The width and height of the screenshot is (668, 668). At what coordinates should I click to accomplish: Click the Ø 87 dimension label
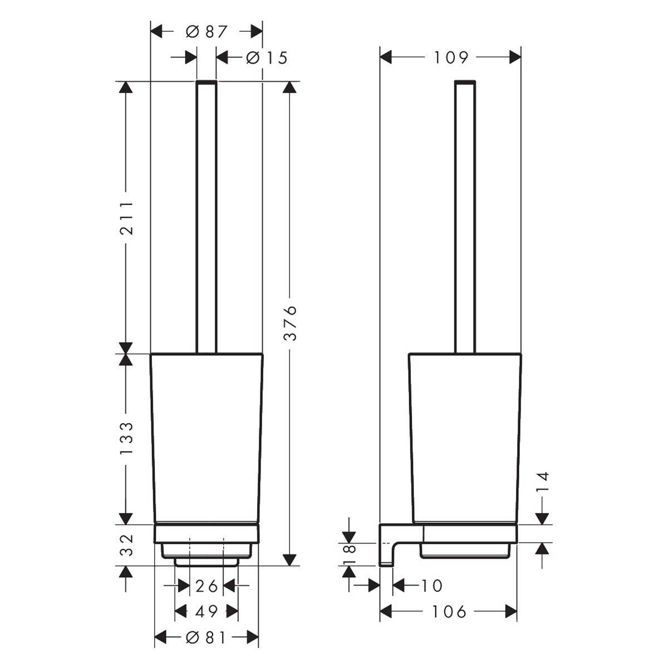click(x=207, y=32)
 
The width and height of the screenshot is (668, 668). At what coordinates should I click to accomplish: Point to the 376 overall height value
click(x=290, y=323)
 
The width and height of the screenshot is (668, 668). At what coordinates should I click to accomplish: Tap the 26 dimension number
click(x=207, y=586)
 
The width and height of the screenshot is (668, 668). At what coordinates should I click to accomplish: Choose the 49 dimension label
click(x=207, y=612)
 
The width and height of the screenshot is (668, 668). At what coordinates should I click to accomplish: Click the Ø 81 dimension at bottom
click(x=206, y=637)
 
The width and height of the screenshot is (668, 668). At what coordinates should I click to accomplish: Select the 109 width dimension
click(x=451, y=57)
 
